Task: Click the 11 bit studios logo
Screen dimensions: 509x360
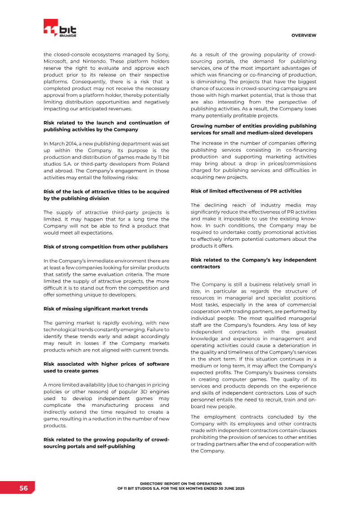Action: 60,28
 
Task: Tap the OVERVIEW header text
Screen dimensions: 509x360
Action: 304,36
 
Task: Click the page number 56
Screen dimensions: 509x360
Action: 23,488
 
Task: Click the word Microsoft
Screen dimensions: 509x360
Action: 57,61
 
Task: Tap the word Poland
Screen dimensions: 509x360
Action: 159,164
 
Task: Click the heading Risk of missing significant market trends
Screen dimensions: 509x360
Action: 95,309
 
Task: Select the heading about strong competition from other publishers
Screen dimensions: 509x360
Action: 105,247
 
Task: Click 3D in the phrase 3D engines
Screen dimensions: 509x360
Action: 137,392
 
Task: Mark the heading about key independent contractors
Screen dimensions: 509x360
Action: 253,263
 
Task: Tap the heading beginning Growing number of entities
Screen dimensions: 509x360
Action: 253,129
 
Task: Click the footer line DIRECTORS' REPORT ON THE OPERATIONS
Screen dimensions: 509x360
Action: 181,483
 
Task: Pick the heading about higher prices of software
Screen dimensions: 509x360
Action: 106,367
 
